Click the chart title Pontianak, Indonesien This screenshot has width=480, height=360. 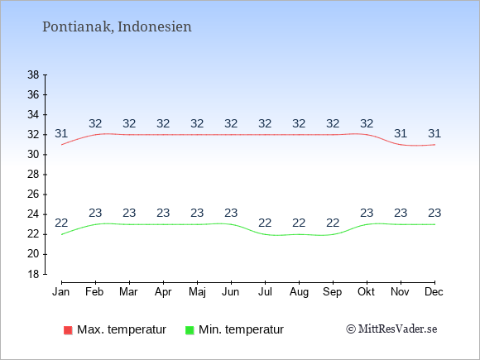117,26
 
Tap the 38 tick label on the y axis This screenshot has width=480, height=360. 33,74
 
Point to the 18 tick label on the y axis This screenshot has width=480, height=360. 33,274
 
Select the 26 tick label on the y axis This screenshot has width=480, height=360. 33,194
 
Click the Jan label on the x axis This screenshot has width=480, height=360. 61,292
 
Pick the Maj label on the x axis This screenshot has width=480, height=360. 197,292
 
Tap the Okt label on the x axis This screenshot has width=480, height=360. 366,292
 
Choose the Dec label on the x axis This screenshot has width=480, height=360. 434,292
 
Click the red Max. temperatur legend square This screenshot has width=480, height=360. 68,330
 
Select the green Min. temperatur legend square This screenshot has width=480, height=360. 190,330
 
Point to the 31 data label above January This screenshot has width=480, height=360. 61,134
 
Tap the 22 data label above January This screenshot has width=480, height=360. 61,223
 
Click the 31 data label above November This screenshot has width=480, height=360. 401,134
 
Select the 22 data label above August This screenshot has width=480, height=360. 299,223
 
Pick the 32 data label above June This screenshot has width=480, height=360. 231,123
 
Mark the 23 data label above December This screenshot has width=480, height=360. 434,213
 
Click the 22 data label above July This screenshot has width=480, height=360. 265,223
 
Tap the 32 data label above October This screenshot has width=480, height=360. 367,123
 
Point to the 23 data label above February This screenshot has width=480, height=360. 95,213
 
